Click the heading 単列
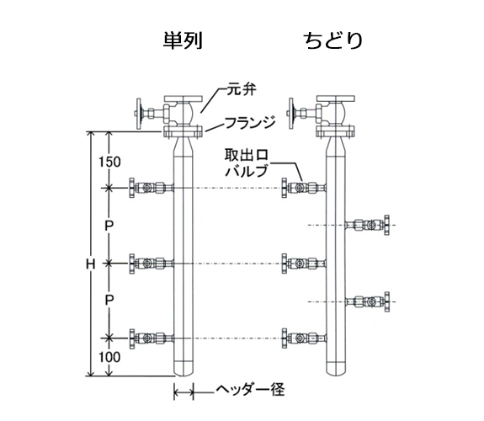(x=183, y=40)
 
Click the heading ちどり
(x=332, y=40)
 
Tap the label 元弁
(x=242, y=89)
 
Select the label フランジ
(x=250, y=123)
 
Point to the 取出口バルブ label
(x=247, y=163)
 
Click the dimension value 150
(x=109, y=162)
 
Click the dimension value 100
(x=109, y=357)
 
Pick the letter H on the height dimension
(x=90, y=264)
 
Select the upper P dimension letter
(x=109, y=226)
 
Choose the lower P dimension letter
(x=109, y=300)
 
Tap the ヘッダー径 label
(x=249, y=390)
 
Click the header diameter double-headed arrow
(x=183, y=392)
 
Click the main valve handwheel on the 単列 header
(x=139, y=114)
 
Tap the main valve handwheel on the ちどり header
(x=290, y=114)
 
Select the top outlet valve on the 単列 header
(x=152, y=188)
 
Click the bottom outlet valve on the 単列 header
(x=152, y=338)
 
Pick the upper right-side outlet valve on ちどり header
(x=367, y=225)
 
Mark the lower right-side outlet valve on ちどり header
(x=367, y=301)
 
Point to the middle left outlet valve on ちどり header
(x=304, y=264)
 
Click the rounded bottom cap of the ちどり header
(x=336, y=370)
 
